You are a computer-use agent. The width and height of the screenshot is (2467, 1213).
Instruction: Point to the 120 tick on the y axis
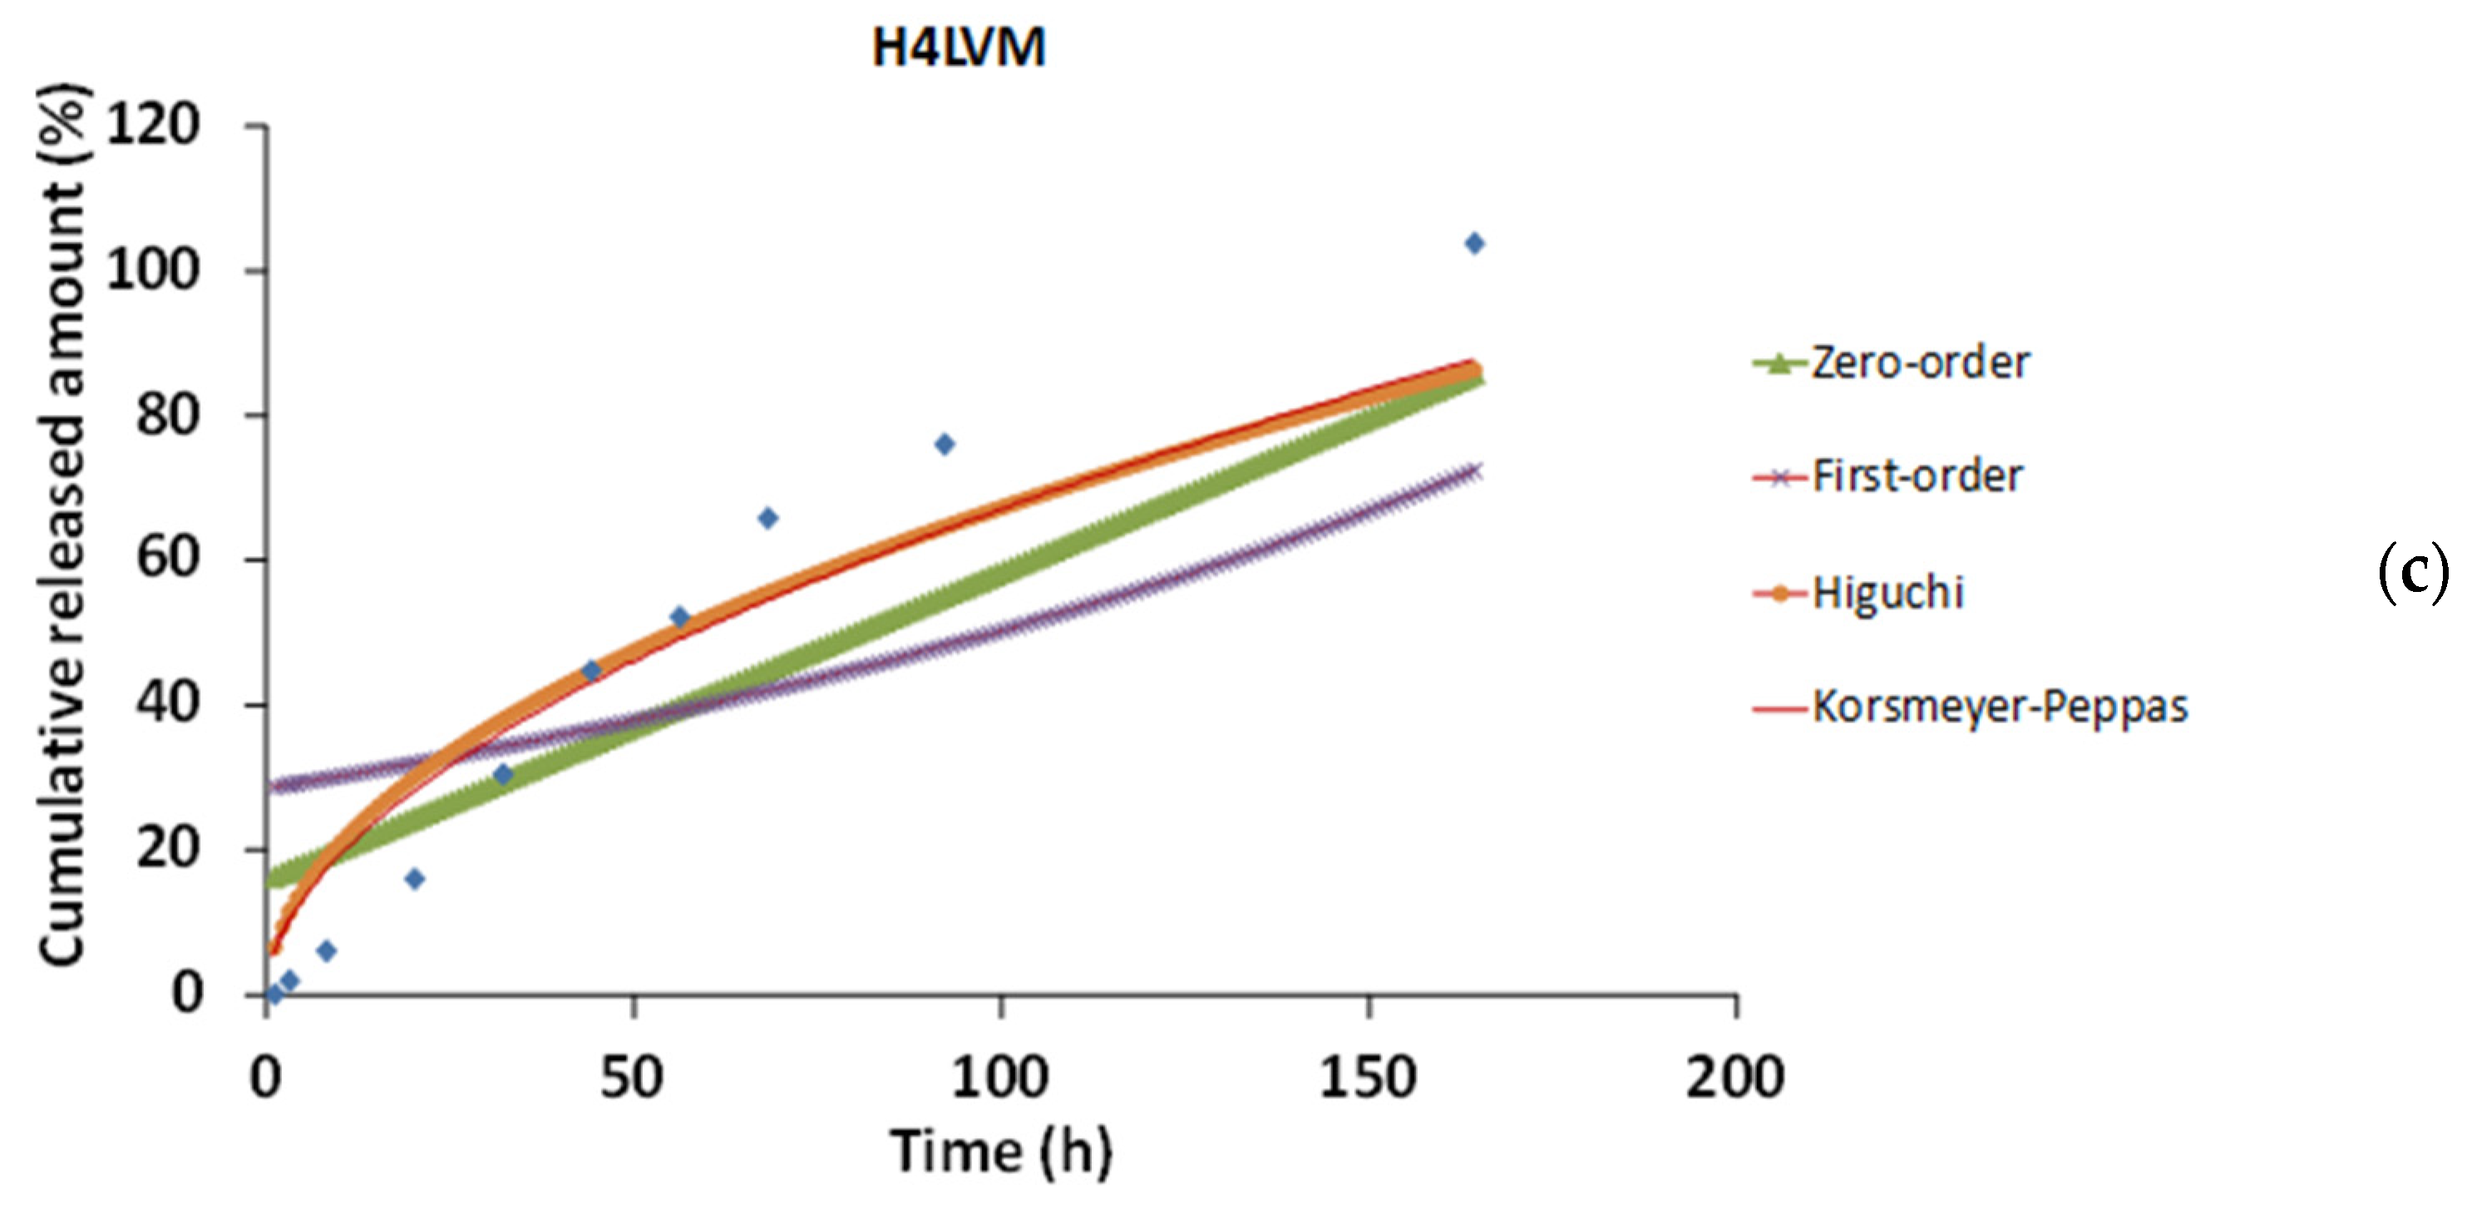[153, 125]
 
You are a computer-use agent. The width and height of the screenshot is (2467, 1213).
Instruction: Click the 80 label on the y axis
[168, 416]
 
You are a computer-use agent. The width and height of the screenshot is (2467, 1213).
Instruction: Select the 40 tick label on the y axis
[168, 705]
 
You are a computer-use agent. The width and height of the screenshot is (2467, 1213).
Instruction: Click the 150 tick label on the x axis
[1368, 1077]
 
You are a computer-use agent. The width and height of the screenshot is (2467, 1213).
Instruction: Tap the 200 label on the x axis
[1734, 1077]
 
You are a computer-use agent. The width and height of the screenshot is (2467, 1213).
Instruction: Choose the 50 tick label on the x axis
[632, 1077]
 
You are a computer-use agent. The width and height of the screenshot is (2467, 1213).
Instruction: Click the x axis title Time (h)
[1001, 1151]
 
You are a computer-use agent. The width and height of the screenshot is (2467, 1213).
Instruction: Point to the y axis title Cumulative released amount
[63, 525]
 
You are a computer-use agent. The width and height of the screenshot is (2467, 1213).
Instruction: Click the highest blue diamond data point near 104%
[1475, 243]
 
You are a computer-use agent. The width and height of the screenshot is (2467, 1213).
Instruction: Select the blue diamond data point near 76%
[945, 444]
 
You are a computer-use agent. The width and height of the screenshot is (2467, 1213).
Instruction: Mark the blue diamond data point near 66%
[768, 518]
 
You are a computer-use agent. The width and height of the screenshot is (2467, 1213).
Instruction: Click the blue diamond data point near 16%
[414, 879]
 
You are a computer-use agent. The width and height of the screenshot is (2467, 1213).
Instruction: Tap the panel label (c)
[2412, 574]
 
